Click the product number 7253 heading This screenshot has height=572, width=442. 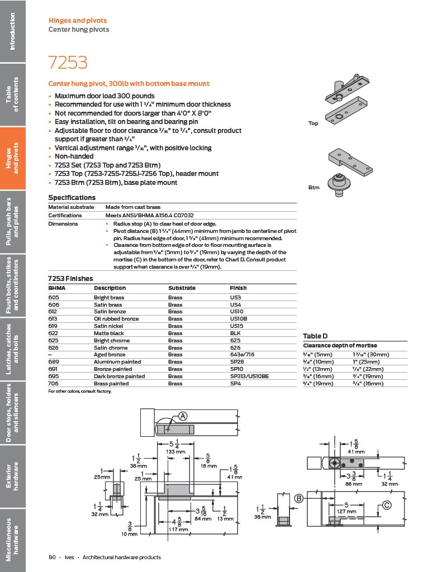pyautogui.click(x=68, y=63)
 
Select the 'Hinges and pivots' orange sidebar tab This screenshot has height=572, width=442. pyautogui.click(x=13, y=158)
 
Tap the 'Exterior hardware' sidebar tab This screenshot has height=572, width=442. pyautogui.click(x=13, y=476)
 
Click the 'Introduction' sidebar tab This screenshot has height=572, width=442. pyautogui.click(x=13, y=31)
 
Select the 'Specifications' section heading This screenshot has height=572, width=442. pyautogui.click(x=72, y=198)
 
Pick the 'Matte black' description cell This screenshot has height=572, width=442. pyautogui.click(x=108, y=333)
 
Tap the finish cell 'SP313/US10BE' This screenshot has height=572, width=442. pyautogui.click(x=249, y=376)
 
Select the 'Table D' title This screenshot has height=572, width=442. pyautogui.click(x=315, y=336)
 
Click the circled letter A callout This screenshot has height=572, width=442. pyautogui.click(x=183, y=416)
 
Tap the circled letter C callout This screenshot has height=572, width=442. pyautogui.click(x=386, y=506)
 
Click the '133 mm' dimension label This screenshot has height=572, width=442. pyautogui.click(x=176, y=451)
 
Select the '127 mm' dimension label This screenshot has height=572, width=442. pyautogui.click(x=346, y=511)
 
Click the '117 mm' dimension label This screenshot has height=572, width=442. pyautogui.click(x=178, y=529)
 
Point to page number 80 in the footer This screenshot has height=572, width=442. pyautogui.click(x=52, y=557)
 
